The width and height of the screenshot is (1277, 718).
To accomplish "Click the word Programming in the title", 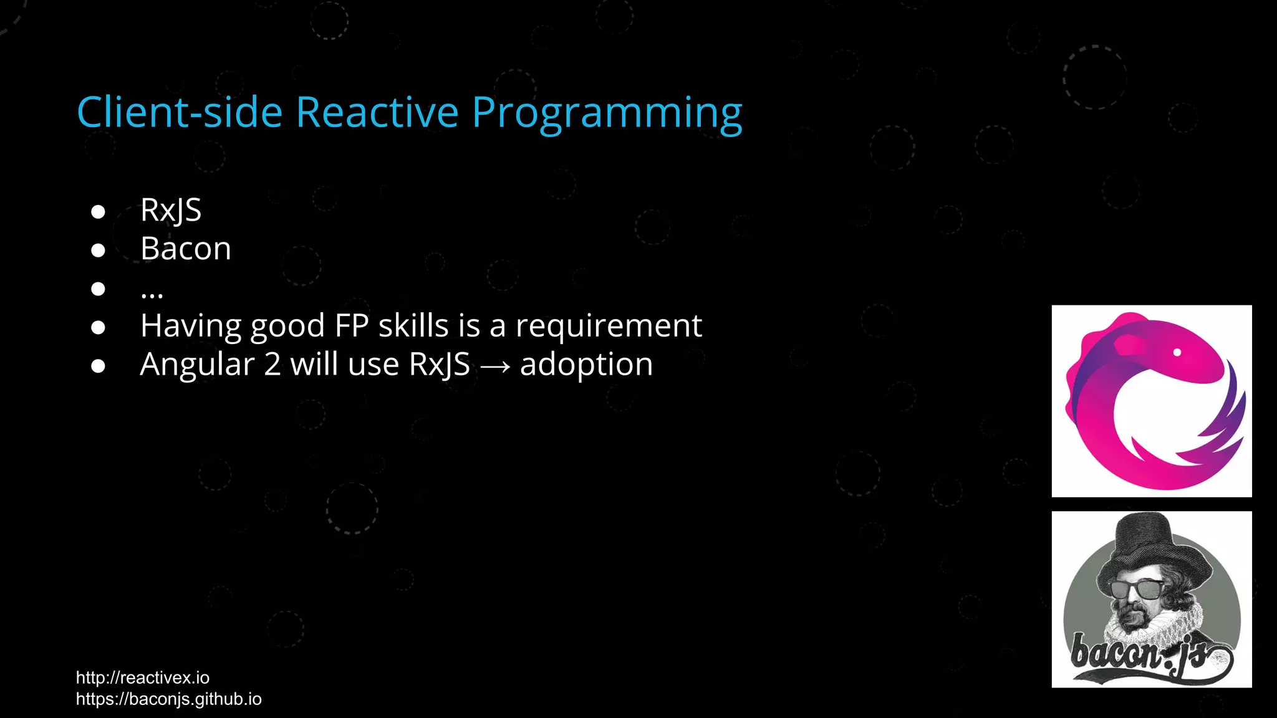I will pyautogui.click(x=607, y=114).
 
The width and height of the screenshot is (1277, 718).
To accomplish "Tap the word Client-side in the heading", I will pyautogui.click(x=180, y=113).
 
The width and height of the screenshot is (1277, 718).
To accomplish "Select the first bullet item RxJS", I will pyautogui.click(x=171, y=210).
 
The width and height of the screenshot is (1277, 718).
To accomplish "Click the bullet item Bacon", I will pyautogui.click(x=186, y=249).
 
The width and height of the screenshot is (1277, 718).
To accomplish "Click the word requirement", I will pyautogui.click(x=609, y=325).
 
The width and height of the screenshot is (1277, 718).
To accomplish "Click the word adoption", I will pyautogui.click(x=586, y=365).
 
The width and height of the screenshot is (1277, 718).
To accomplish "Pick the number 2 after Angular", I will pyautogui.click(x=272, y=365).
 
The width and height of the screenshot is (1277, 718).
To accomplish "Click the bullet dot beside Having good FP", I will pyautogui.click(x=98, y=327).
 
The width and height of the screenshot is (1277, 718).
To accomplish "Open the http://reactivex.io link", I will pyautogui.click(x=143, y=677).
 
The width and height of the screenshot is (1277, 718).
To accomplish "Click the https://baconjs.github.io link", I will pyautogui.click(x=168, y=699).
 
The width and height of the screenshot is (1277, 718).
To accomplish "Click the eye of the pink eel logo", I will pyautogui.click(x=1177, y=352).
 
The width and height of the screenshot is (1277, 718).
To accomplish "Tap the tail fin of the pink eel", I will pyautogui.click(x=1222, y=430).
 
